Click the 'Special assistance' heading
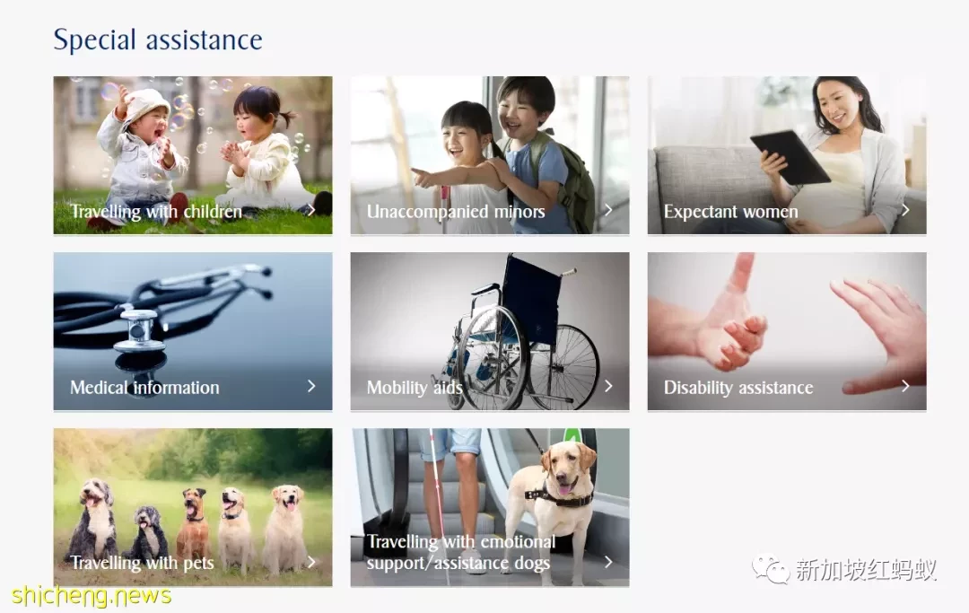(x=158, y=40)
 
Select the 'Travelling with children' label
(x=156, y=211)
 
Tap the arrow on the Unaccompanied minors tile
(x=608, y=210)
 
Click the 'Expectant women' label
(x=730, y=211)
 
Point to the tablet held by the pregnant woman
(x=790, y=157)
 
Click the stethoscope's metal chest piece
(x=139, y=330)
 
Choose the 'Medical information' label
(x=144, y=388)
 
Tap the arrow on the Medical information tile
(x=311, y=386)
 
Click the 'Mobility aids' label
(x=414, y=388)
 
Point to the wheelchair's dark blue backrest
(x=531, y=296)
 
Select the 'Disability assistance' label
(x=738, y=388)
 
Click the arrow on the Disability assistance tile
(x=905, y=386)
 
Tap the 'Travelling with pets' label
(x=142, y=563)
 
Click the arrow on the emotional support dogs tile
(x=608, y=562)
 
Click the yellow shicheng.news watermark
(x=91, y=596)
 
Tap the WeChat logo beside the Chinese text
(x=770, y=568)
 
